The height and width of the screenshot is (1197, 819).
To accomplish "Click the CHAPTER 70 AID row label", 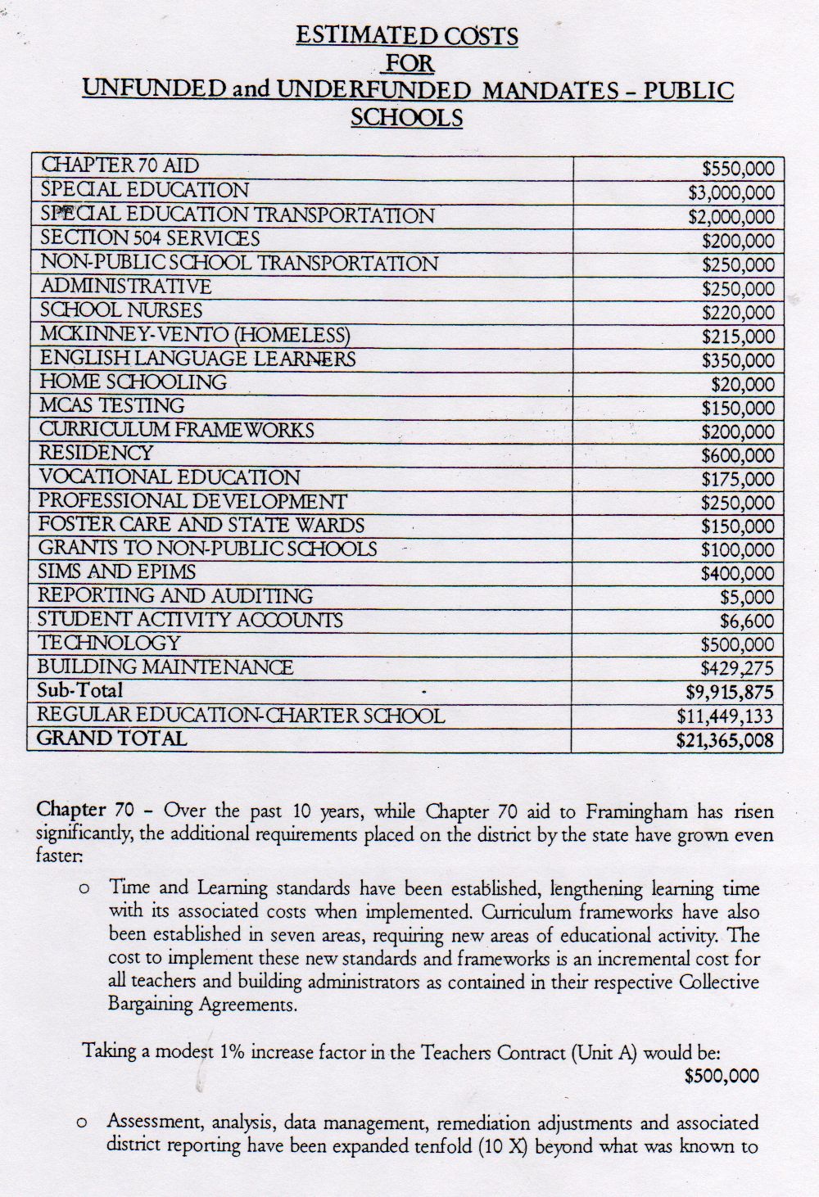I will coord(120,165).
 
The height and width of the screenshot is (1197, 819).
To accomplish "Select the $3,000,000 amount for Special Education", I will coord(731,193).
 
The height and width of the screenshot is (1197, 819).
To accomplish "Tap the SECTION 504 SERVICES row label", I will coord(150,238).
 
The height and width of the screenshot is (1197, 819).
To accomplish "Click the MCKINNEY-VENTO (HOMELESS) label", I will coord(195,335).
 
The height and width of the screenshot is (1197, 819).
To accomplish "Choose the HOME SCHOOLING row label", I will coord(133,382).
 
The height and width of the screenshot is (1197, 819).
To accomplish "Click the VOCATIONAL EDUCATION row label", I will coord(170,477).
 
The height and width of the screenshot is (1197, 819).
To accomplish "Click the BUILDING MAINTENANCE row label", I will coord(165,666).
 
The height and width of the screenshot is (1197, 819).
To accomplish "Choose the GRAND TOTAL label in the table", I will coord(112,738).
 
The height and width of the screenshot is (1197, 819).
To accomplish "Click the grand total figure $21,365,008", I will coord(725,741).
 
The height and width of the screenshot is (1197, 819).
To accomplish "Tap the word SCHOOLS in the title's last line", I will coord(406,117).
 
